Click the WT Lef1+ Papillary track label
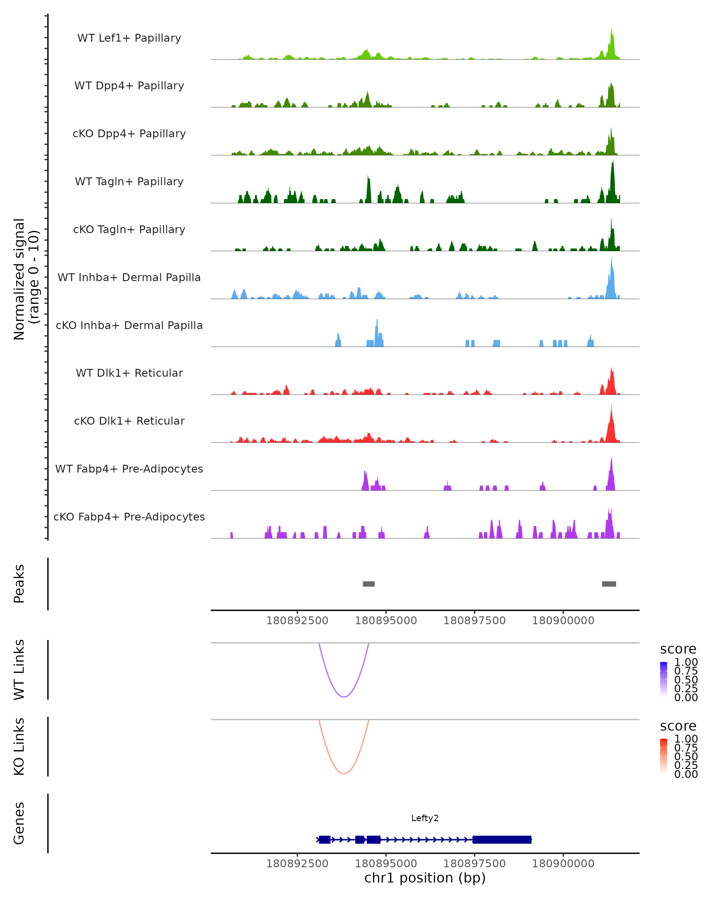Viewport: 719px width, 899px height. (x=129, y=38)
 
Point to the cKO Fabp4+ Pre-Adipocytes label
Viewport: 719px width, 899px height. (x=129, y=517)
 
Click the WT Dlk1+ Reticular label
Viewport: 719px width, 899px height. (x=129, y=373)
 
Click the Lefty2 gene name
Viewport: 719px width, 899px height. (x=425, y=818)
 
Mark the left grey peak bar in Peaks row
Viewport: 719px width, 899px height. (x=368, y=584)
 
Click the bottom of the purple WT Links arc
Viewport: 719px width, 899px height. (x=344, y=697)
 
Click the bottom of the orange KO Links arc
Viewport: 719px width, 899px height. (x=344, y=773)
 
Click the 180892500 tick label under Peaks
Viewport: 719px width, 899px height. (x=297, y=621)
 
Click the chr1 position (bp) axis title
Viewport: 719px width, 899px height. (x=425, y=878)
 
